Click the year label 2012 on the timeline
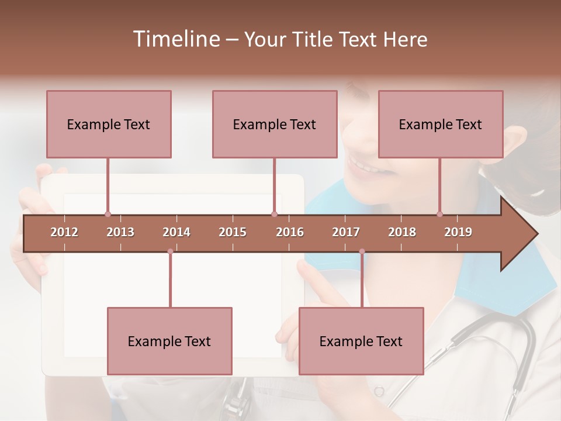coord(64,232)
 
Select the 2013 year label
coord(120,232)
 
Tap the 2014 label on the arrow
coord(176,232)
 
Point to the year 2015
coord(233,232)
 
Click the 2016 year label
coord(290,232)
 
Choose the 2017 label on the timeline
coord(346,232)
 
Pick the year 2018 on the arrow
coord(402,232)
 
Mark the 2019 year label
coord(458,232)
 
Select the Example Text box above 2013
coord(109,124)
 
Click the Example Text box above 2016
coord(275,124)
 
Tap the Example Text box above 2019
coord(441,124)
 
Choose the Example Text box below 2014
coord(169,341)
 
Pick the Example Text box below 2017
coord(361,341)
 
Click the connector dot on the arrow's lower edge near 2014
coord(170,251)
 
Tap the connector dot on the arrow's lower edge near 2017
coord(362,251)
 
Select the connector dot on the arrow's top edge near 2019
coord(440,214)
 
